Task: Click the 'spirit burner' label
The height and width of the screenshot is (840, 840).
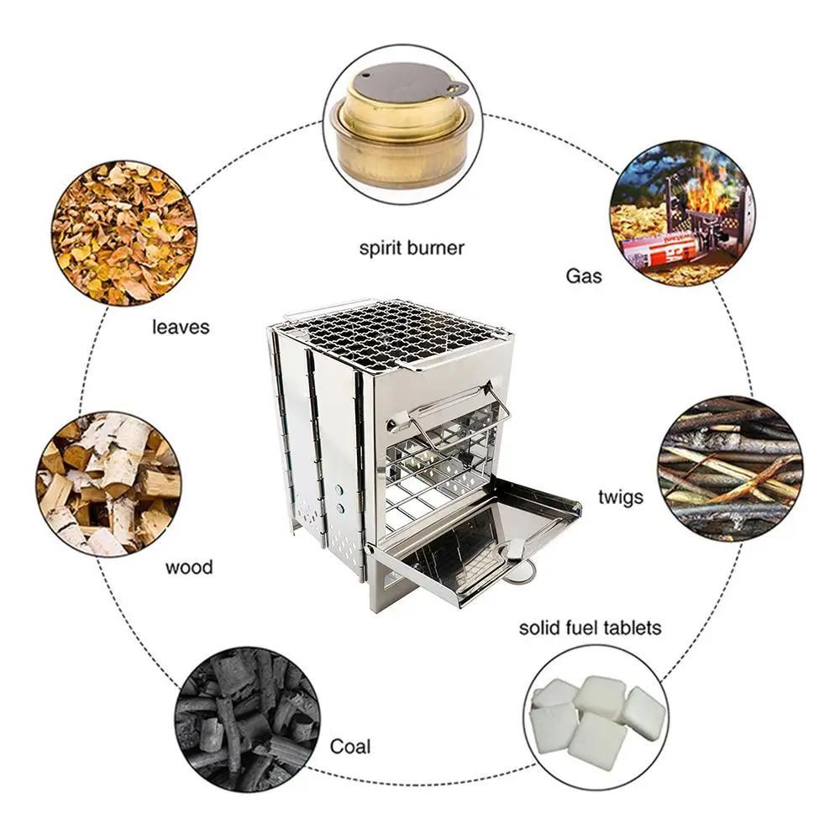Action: pos(412,248)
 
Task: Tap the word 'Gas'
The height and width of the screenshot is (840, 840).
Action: pos(583,276)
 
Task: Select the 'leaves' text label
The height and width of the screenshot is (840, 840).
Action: pos(180,326)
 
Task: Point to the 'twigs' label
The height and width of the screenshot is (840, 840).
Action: pos(621,496)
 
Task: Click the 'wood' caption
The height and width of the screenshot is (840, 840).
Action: pos(188,567)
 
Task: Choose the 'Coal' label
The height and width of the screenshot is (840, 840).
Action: pos(349,746)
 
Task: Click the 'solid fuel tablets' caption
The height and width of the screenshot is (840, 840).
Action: pos(590,627)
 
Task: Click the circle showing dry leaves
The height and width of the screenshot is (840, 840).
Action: pos(124,234)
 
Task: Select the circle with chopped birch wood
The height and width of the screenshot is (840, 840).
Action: pos(109,484)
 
